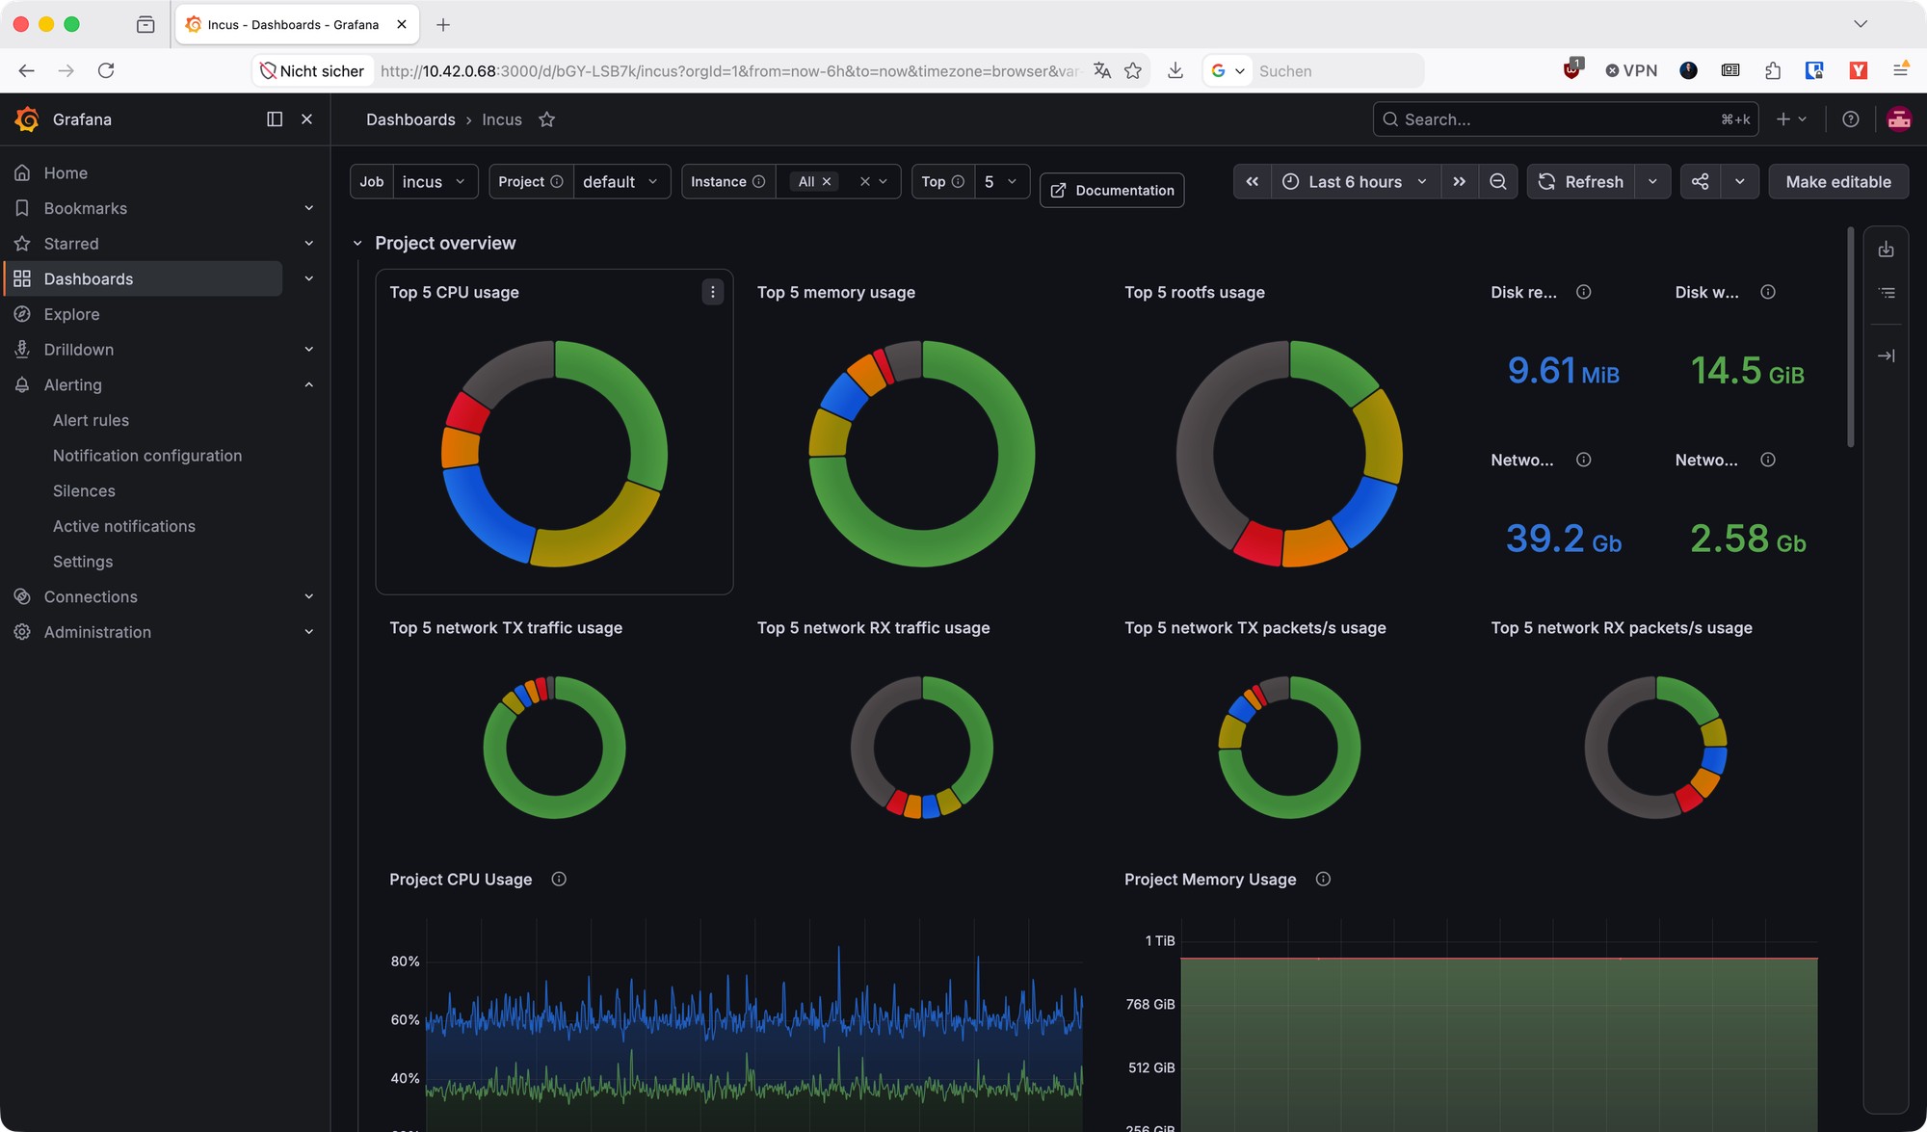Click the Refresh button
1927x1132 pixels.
(x=1580, y=182)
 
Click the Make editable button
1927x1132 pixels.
(x=1838, y=182)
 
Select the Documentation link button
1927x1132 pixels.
(x=1112, y=190)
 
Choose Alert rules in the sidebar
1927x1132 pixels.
(x=91, y=420)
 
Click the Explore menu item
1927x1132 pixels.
(x=71, y=314)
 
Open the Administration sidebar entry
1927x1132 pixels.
(x=97, y=632)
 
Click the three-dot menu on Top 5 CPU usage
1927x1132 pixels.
(x=713, y=292)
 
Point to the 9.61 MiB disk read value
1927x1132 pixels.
(x=1563, y=371)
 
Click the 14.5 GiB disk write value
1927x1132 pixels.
(x=1747, y=371)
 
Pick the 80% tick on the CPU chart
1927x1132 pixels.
(x=405, y=961)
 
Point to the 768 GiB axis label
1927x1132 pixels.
(x=1150, y=1004)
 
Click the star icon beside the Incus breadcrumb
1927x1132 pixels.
(x=547, y=119)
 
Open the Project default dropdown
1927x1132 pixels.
(x=620, y=182)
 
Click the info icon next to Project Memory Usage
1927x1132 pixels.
(x=1323, y=879)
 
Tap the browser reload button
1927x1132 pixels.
(x=106, y=70)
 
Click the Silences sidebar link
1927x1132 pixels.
(x=84, y=491)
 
